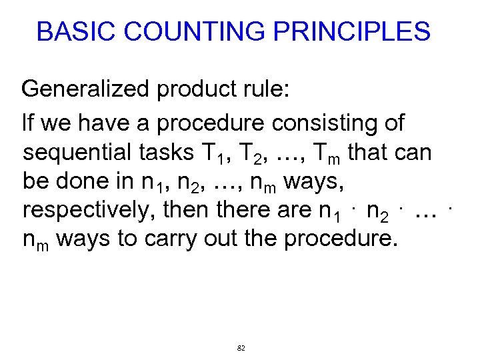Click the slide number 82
pyautogui.click(x=241, y=348)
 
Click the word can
pyautogui.click(x=414, y=153)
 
